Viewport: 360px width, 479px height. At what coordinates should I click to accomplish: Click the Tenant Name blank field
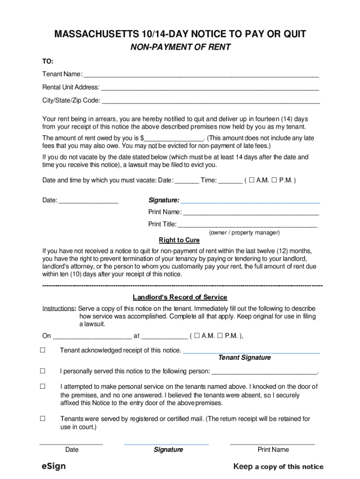(x=201, y=75)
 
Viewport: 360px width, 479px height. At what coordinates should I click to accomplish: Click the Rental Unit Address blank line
(x=210, y=88)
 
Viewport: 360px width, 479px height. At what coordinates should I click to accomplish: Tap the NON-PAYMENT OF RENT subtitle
(x=180, y=47)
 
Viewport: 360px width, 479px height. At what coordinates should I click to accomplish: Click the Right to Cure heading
(x=179, y=240)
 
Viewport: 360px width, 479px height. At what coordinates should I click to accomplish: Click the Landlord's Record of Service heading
(x=180, y=297)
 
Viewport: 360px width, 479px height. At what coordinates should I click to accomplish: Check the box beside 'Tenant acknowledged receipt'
(x=43, y=350)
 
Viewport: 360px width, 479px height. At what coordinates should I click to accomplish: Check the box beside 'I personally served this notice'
(x=43, y=371)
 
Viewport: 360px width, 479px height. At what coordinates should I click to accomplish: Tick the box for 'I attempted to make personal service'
(x=43, y=386)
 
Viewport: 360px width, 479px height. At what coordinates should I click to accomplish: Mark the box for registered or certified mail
(x=43, y=419)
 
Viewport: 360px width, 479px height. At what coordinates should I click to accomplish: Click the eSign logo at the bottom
(x=53, y=466)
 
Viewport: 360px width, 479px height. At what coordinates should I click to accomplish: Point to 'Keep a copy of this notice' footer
(x=278, y=466)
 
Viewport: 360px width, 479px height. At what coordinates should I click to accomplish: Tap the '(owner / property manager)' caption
(x=245, y=232)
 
